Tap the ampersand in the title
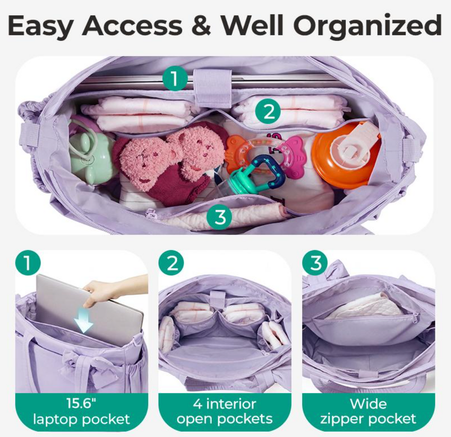[201, 25]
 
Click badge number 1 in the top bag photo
[174, 78]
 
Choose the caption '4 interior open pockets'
[225, 411]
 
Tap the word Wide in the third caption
[368, 404]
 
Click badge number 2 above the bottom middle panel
[171, 263]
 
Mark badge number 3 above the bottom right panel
[315, 263]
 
